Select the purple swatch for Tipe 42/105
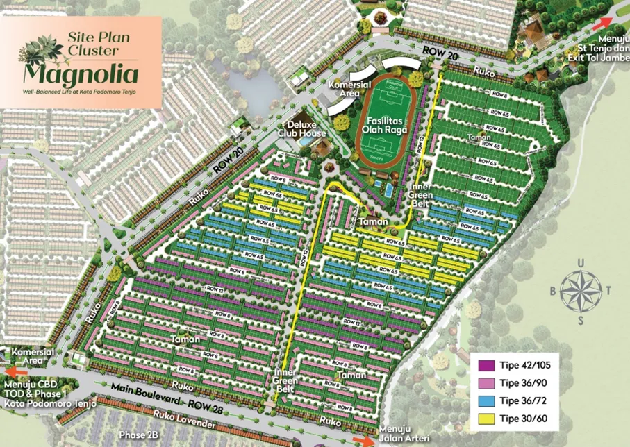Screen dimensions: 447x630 [x=487, y=365]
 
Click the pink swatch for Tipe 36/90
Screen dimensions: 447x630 [x=487, y=383]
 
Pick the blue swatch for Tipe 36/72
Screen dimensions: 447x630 [x=487, y=401]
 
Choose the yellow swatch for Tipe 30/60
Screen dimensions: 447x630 [x=487, y=419]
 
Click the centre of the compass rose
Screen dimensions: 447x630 [x=580, y=290]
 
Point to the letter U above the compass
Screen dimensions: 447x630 [x=581, y=262]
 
